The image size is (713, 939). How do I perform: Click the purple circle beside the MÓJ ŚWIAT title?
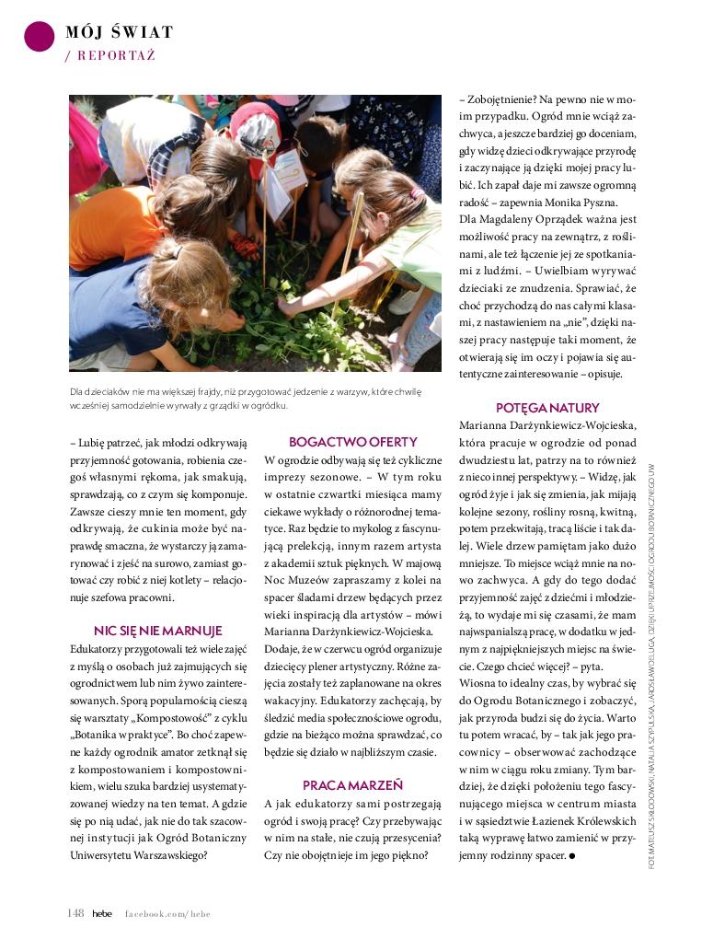(39, 36)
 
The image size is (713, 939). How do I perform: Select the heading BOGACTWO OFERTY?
(352, 442)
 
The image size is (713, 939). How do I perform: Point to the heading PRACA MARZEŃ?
(352, 785)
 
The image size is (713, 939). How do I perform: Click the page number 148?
(75, 912)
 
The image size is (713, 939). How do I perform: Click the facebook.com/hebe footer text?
(168, 912)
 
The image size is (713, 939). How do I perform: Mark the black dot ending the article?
(571, 856)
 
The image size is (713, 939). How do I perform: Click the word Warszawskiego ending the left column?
(170, 854)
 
